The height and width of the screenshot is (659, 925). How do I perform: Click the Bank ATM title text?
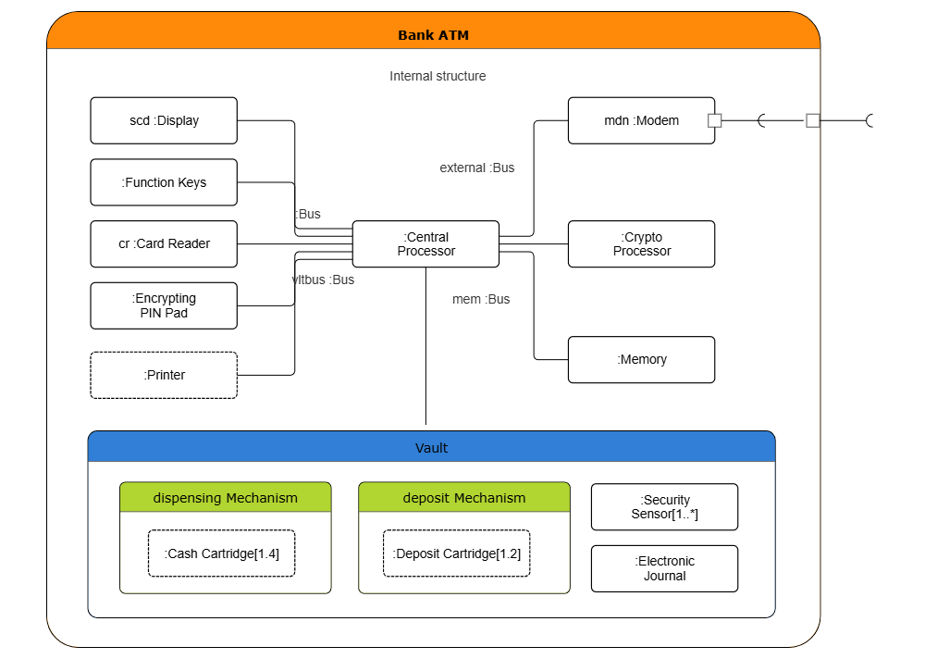click(433, 35)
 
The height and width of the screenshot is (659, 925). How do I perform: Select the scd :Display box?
click(164, 120)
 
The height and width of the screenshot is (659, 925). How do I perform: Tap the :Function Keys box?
click(164, 182)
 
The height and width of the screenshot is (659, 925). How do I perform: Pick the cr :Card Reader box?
click(164, 243)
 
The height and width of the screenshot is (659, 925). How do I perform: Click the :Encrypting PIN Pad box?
click(164, 305)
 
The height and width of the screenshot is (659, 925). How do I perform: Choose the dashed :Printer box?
click(164, 375)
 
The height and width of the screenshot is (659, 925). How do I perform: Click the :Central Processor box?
click(425, 243)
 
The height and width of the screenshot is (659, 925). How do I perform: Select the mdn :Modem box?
click(641, 120)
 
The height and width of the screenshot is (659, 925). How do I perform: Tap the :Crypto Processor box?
click(641, 243)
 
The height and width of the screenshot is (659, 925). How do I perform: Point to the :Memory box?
click(641, 359)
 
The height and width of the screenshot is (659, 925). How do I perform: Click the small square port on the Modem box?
click(714, 120)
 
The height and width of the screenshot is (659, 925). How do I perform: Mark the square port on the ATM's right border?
click(812, 120)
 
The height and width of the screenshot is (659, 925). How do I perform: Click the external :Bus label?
click(476, 168)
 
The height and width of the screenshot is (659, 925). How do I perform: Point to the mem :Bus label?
click(480, 299)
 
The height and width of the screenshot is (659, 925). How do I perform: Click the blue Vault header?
click(431, 447)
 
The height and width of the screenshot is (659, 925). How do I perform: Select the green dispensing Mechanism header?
click(225, 497)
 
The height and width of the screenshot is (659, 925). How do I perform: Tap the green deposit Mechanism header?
click(463, 497)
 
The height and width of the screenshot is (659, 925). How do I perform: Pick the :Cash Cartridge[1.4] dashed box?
click(222, 553)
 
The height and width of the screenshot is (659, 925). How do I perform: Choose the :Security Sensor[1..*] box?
click(664, 506)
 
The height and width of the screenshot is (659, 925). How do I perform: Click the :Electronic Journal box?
click(664, 568)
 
